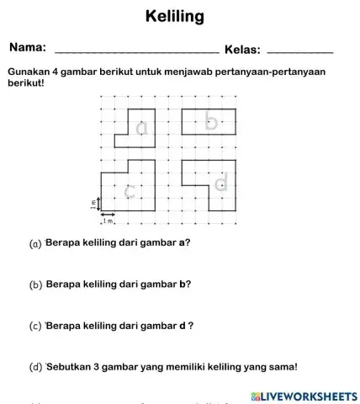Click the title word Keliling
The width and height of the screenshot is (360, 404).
[175, 17]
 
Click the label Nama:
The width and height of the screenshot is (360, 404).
[28, 49]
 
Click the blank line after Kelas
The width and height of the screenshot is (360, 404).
[299, 53]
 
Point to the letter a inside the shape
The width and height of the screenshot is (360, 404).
[141, 128]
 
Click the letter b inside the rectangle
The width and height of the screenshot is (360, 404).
[212, 123]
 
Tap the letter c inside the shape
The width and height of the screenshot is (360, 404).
[129, 192]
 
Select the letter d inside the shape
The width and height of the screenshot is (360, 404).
[222, 183]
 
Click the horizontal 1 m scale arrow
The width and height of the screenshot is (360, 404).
[109, 216]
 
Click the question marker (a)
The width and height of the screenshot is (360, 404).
[35, 244]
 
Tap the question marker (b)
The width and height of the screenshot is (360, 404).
[35, 285]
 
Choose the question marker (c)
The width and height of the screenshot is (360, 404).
[35, 326]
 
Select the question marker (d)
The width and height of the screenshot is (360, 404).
[35, 367]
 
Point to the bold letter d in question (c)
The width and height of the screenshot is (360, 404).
[182, 325]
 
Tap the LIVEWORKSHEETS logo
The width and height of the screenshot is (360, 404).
[304, 396]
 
